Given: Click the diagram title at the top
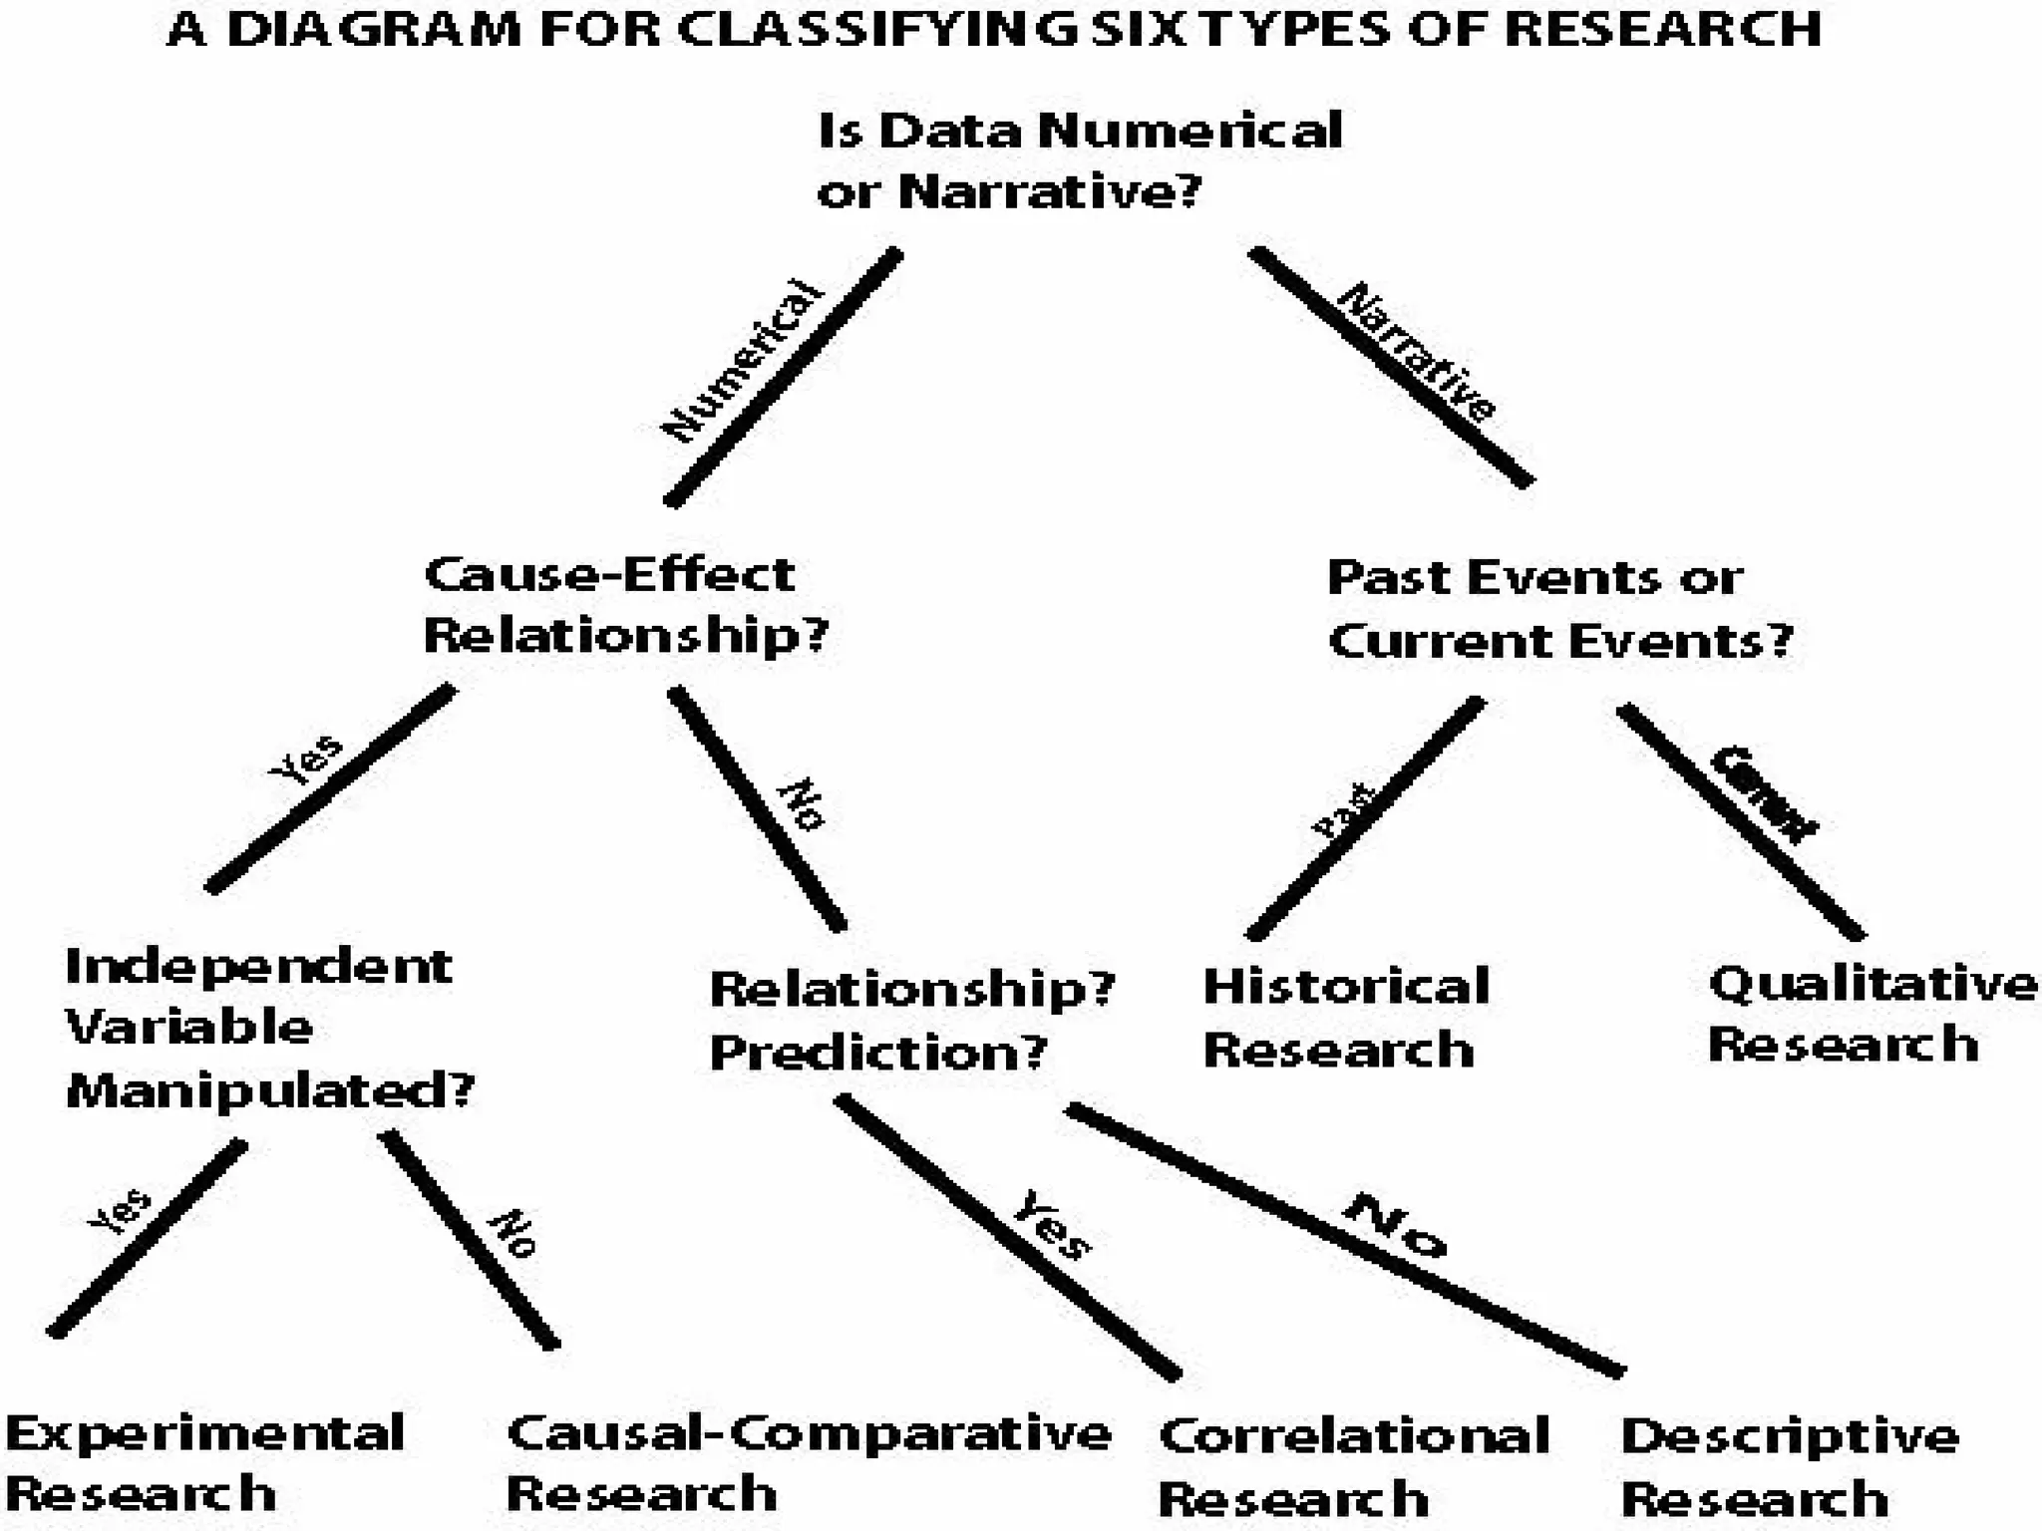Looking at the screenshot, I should [994, 30].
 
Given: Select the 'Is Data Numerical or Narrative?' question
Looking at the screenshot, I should [1079, 160].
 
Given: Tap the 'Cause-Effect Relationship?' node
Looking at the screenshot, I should [625, 605].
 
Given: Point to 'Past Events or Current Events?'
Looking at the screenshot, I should [1559, 609].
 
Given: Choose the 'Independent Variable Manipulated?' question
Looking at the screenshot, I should [267, 1028].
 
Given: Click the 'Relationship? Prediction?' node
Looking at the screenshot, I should [910, 1020].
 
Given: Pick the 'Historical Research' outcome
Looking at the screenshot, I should [1345, 1018].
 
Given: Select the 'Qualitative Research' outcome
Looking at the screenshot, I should [1872, 1014].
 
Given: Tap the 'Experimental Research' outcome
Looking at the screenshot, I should [204, 1463].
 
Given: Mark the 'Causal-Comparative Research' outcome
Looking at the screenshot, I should [808, 1463].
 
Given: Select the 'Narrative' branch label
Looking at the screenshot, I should [1416, 351].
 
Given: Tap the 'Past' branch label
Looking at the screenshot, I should [1343, 809].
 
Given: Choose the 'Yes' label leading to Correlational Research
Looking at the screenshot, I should [1052, 1224].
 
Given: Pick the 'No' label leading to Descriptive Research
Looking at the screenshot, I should [1394, 1226].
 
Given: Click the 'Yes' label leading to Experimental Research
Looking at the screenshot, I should [120, 1211].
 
